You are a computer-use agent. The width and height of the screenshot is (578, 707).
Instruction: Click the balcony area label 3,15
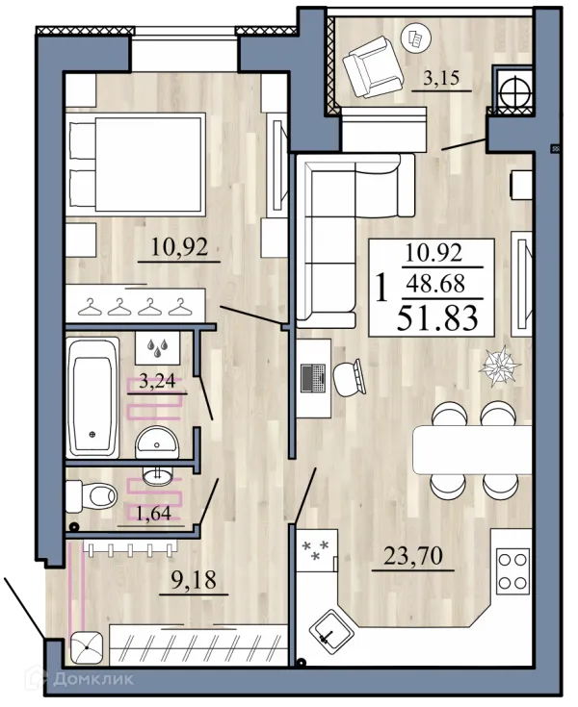coord(441,78)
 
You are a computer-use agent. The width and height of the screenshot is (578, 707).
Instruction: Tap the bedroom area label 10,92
coord(179,247)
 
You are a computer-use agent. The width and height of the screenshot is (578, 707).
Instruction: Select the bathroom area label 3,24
coord(157,381)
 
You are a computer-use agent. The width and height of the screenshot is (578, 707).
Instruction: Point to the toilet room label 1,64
coord(153,513)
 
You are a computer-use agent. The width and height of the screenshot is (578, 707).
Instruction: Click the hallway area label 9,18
coord(194,580)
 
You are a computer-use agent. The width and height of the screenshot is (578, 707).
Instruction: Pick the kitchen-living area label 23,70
coord(412,556)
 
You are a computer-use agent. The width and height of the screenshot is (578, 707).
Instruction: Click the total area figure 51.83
coord(437,317)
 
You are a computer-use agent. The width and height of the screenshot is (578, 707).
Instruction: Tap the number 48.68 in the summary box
coord(435,284)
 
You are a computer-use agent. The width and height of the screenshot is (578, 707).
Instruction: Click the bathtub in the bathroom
coord(92,397)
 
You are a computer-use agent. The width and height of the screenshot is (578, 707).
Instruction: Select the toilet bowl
coord(92,496)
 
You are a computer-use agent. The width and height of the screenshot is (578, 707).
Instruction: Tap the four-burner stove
coord(512,571)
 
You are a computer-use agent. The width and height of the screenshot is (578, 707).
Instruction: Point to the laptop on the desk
coord(313,378)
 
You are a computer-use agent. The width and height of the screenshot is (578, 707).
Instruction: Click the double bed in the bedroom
coord(136,163)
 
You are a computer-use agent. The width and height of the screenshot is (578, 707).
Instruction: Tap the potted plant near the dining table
coord(499,366)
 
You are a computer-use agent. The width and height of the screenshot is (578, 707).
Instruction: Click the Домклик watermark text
coord(93,678)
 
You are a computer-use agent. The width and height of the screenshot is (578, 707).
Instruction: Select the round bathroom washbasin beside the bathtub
coord(157,442)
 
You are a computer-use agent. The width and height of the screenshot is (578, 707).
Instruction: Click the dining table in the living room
coord(473,449)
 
